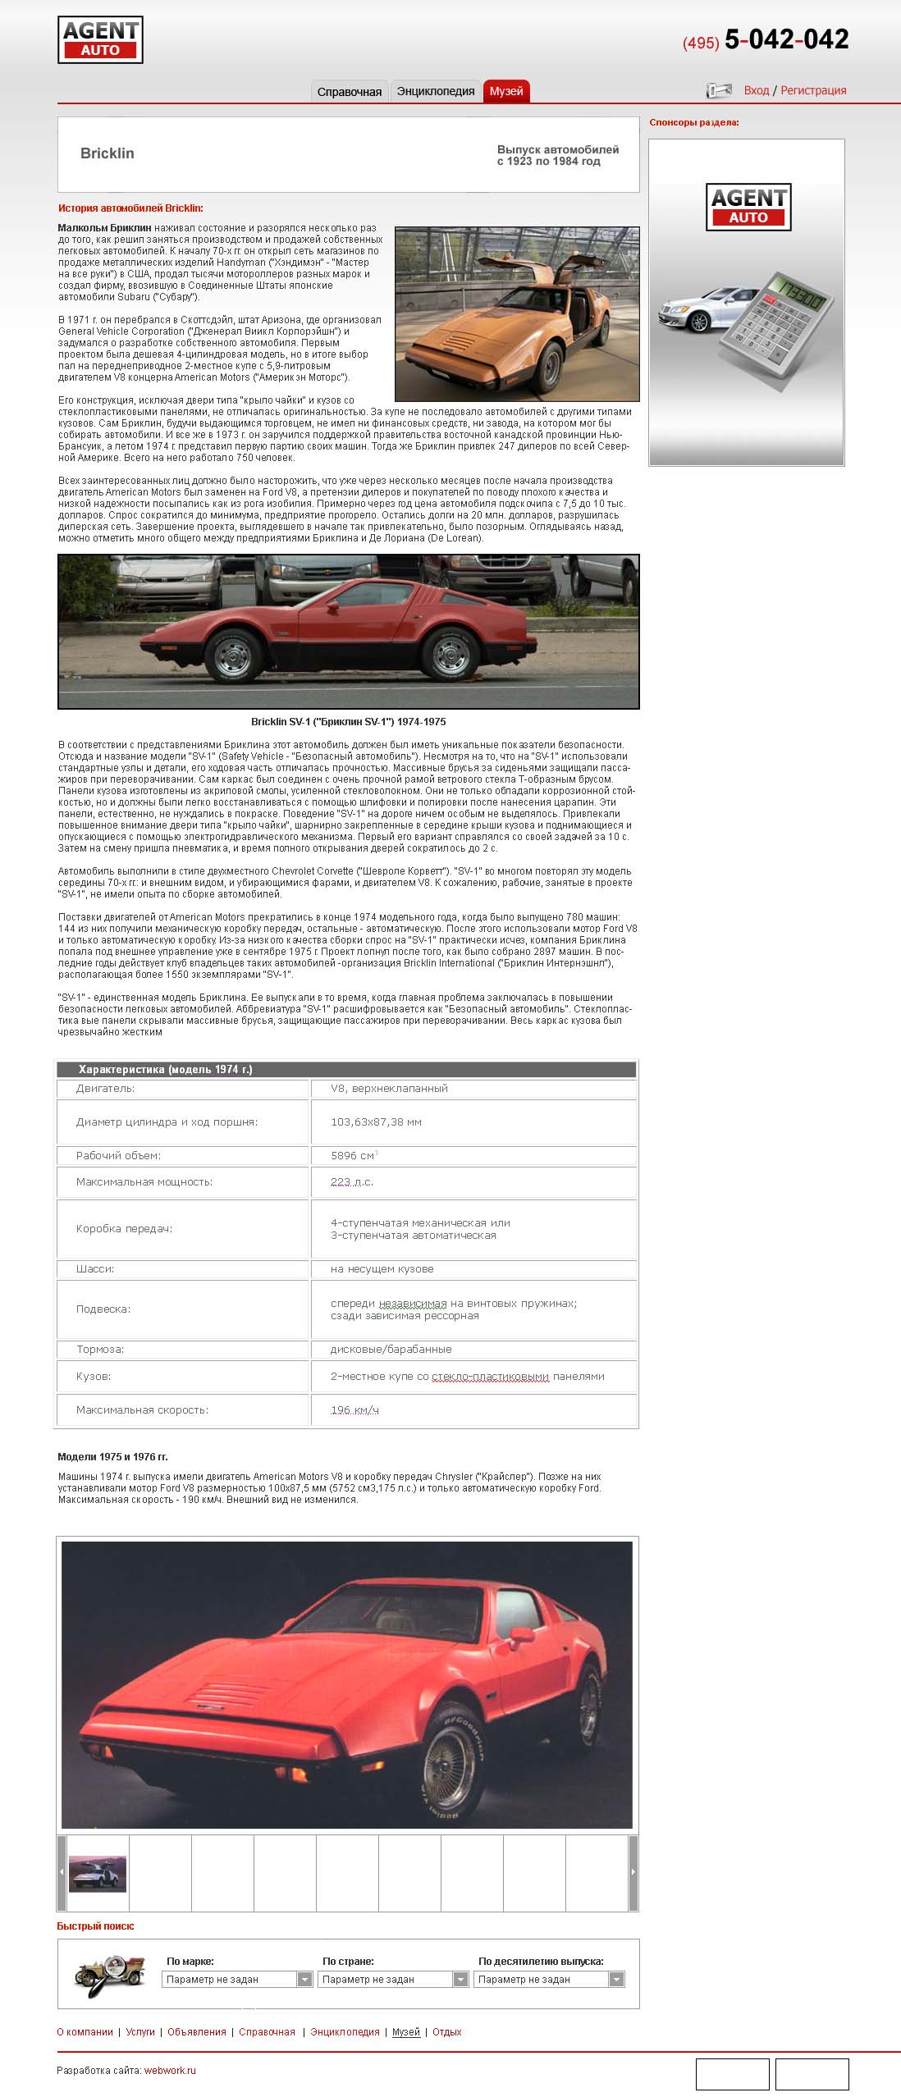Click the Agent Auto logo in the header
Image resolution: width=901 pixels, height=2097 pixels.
(x=100, y=40)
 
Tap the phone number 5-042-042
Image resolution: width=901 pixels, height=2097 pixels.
(x=785, y=39)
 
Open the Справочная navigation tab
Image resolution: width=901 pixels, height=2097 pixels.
(x=349, y=92)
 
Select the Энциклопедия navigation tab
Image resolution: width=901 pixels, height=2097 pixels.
(x=436, y=91)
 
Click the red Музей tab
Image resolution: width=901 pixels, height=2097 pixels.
(x=506, y=91)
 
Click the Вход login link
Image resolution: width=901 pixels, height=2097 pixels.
(x=756, y=90)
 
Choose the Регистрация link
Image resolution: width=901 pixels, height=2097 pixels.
(x=813, y=90)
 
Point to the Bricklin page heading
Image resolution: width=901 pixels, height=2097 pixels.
(x=107, y=153)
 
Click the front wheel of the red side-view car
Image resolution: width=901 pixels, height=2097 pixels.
(x=233, y=656)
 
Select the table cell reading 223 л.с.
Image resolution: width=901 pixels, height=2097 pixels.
(x=352, y=1181)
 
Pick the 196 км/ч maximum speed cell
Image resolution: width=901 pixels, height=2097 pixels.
(x=354, y=1409)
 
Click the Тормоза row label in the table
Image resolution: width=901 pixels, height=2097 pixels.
(x=100, y=1349)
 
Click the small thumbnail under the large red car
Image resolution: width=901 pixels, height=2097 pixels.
(x=98, y=1873)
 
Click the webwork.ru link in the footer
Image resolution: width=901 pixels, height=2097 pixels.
(x=170, y=2070)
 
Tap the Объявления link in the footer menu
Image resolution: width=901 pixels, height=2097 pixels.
(x=196, y=2031)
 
